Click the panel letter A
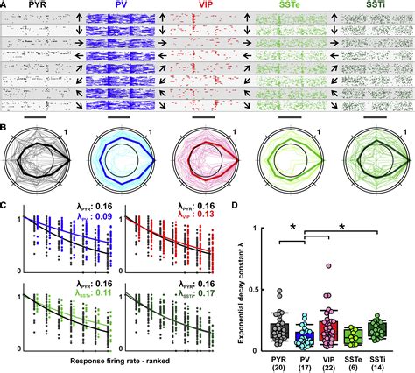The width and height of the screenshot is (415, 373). tap(5, 5)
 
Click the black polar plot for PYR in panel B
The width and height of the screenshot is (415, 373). tap(38, 167)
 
